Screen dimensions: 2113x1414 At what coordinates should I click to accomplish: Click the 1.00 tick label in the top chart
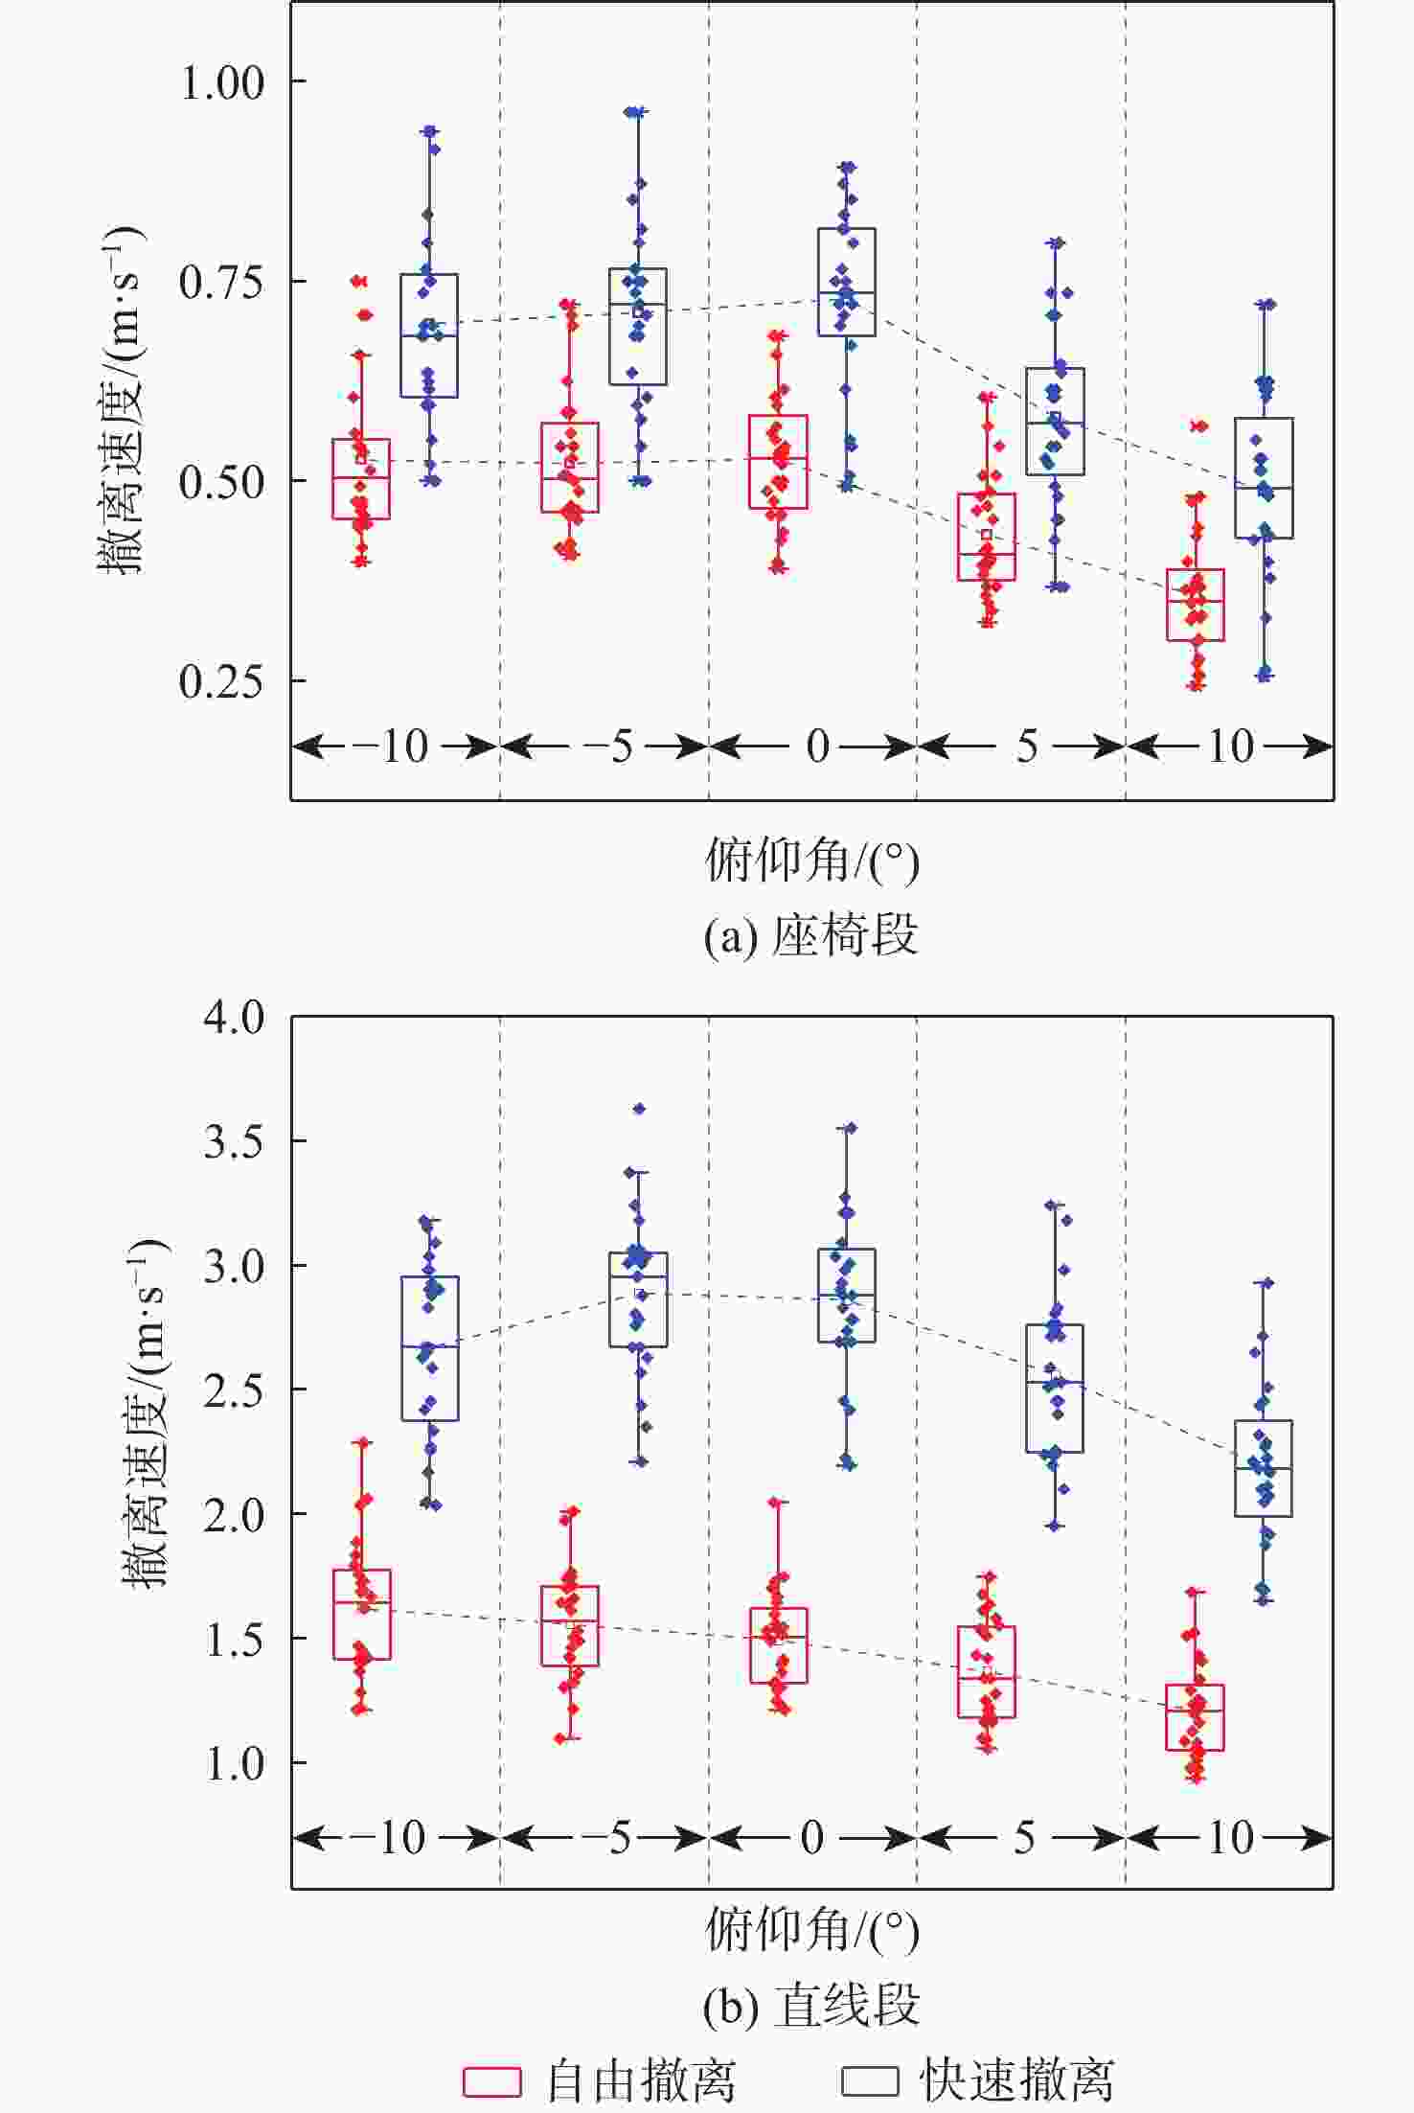[x=221, y=83]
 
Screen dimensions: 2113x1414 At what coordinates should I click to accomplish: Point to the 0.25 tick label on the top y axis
[x=221, y=681]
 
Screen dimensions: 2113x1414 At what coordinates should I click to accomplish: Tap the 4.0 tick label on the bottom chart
[x=234, y=1018]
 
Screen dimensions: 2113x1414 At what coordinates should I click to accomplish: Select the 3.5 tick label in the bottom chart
[x=234, y=1141]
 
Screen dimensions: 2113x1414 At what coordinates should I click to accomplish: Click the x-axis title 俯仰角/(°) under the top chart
[x=811, y=860]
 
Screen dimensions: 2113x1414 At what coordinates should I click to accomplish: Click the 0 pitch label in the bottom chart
[x=812, y=1838]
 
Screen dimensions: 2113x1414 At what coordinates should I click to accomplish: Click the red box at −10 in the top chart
[x=361, y=479]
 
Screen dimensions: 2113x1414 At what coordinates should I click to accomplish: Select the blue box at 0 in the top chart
[x=846, y=282]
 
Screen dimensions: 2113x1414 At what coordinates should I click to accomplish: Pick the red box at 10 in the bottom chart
[x=1195, y=1717]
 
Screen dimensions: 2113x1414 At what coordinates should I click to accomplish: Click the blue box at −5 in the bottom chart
[x=638, y=1299]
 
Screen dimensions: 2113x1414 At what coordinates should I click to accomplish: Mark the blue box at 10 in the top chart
[x=1264, y=478]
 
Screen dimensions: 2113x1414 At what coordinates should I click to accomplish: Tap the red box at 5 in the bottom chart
[x=987, y=1671]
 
